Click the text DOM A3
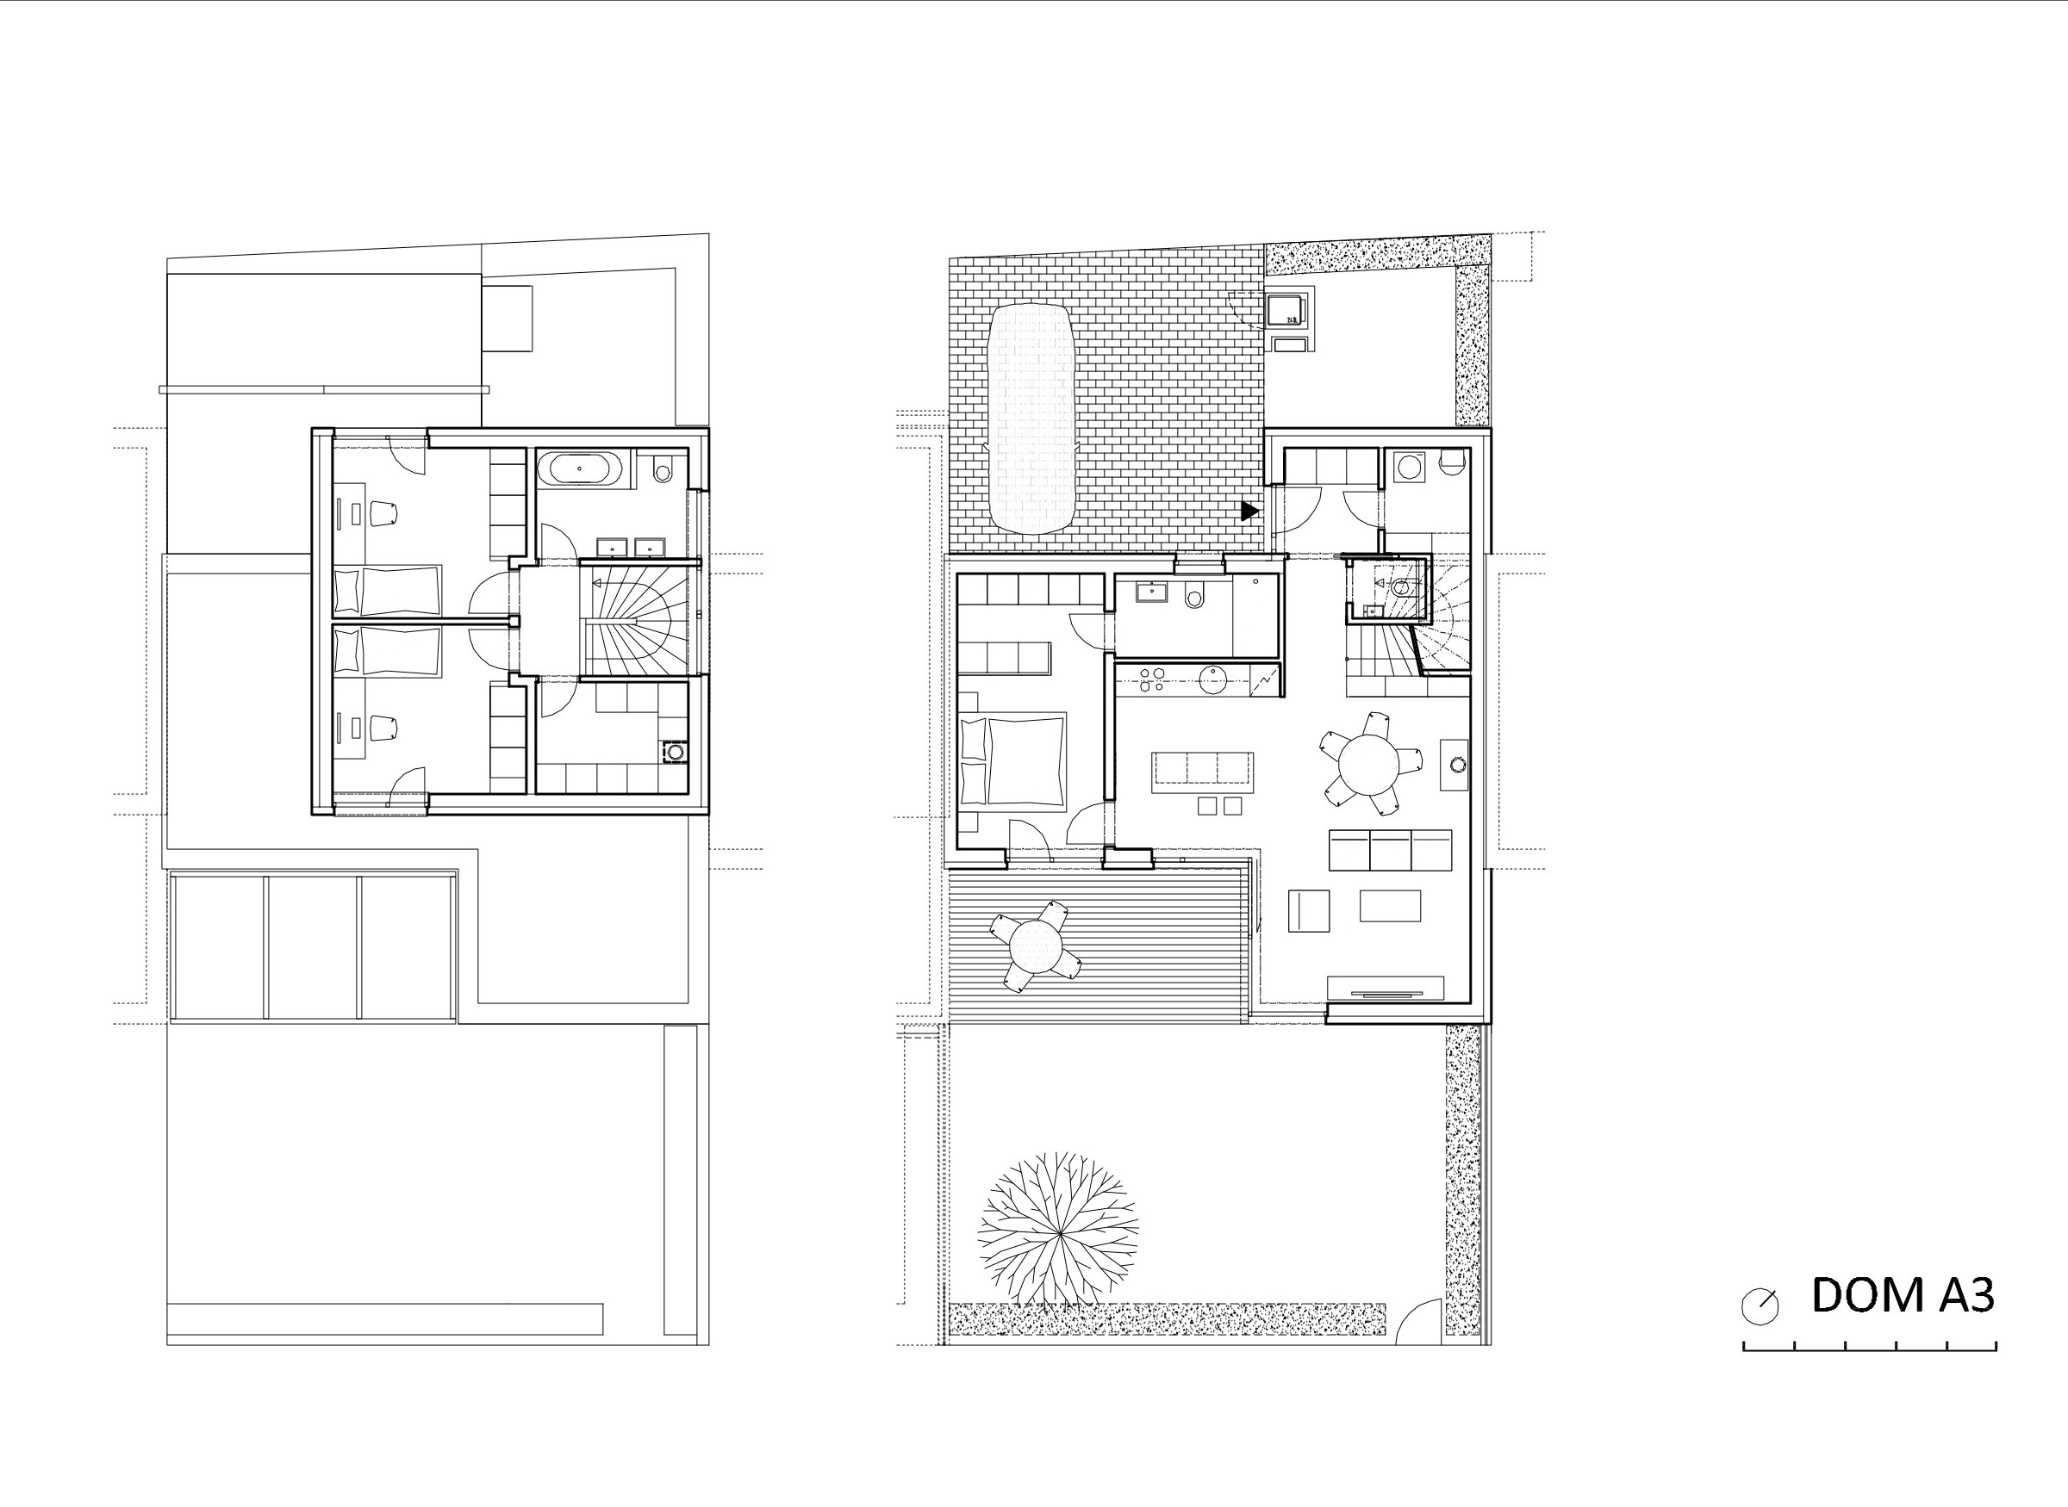pyautogui.click(x=1902, y=1294)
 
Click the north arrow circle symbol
pyautogui.click(x=1760, y=1306)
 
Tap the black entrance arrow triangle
pyautogui.click(x=1249, y=511)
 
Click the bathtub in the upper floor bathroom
pyautogui.click(x=581, y=468)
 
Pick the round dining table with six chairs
pyautogui.click(x=1371, y=764)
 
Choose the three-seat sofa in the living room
pyautogui.click(x=1390, y=850)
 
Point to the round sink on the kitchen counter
pyautogui.click(x=1214, y=679)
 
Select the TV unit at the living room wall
pyautogui.click(x=1386, y=989)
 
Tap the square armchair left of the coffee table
pyautogui.click(x=1309, y=910)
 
